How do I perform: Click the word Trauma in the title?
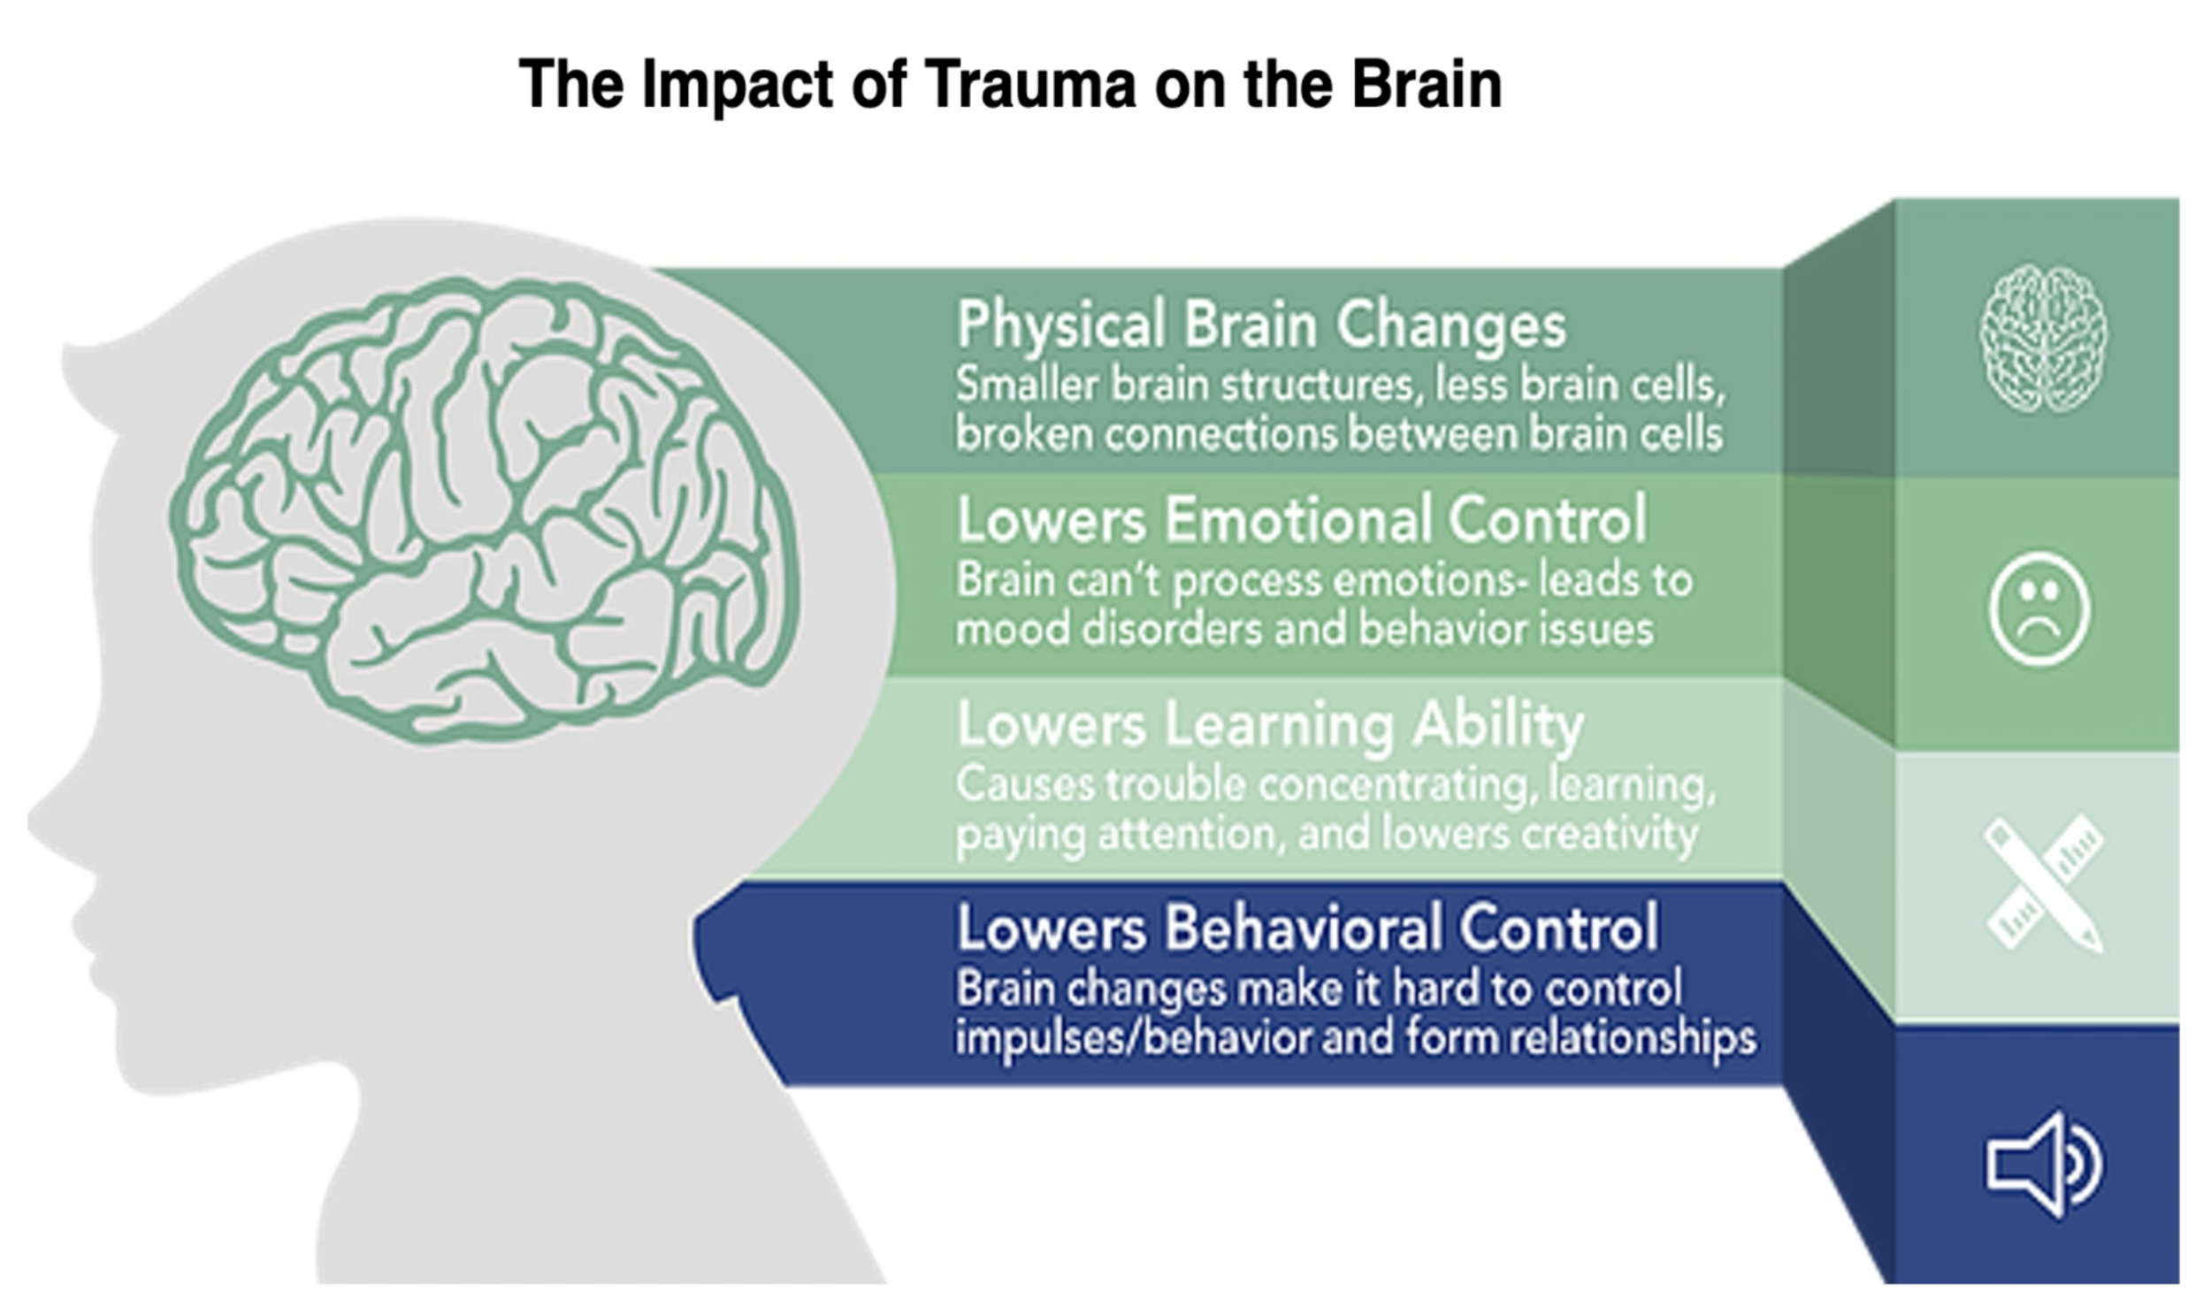(x=1029, y=85)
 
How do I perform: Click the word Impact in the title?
(x=738, y=85)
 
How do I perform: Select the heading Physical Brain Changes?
(x=1261, y=325)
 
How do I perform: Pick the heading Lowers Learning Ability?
(x=1270, y=725)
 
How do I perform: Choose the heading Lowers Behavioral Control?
(x=1307, y=928)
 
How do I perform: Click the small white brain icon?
(x=2043, y=339)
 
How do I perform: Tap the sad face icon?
(x=2039, y=608)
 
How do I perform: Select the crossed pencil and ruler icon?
(x=2044, y=882)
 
